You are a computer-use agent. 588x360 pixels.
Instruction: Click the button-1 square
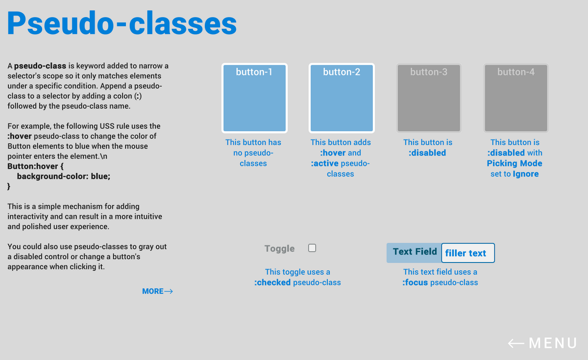254,98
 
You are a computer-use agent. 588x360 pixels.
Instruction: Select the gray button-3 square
429,98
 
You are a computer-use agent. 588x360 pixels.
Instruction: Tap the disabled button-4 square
516,98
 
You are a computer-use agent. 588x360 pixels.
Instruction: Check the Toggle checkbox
312,248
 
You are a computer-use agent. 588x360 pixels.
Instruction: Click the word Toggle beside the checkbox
279,248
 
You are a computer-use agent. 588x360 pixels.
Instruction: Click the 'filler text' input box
468,253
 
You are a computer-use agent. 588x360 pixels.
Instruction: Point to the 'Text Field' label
415,252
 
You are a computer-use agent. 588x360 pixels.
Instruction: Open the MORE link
153,291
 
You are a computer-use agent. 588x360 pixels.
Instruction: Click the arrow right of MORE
169,291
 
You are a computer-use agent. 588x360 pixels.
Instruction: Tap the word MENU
553,343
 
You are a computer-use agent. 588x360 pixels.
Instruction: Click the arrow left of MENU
516,343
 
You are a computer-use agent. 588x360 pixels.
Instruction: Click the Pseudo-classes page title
122,23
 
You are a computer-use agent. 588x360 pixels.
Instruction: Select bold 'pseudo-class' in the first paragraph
40,66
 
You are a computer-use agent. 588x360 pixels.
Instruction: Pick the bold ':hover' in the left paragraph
20,136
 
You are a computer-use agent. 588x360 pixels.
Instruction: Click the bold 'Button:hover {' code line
35,167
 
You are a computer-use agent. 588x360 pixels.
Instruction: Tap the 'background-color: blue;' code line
64,176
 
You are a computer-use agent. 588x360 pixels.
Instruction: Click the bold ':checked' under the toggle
272,283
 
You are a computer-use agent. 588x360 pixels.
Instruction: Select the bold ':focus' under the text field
415,283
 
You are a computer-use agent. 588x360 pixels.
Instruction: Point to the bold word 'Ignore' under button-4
525,174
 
